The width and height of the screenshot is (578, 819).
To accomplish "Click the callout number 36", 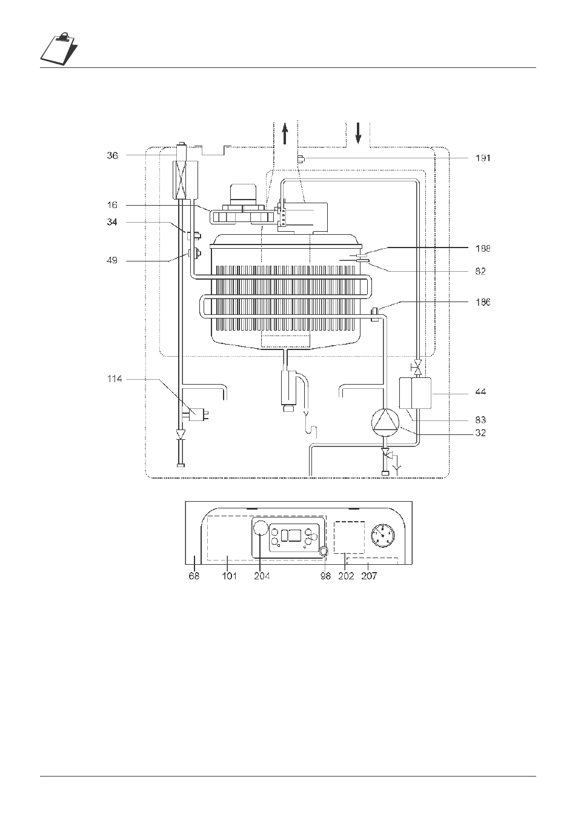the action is (x=113, y=156).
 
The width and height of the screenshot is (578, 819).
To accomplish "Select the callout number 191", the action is (x=483, y=158).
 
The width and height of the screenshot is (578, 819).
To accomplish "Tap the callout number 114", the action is (x=115, y=379).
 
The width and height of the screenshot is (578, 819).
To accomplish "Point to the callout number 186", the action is (x=483, y=302).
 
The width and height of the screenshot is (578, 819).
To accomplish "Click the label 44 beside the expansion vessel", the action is (x=480, y=392).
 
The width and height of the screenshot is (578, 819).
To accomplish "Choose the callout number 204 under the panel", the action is (x=262, y=576).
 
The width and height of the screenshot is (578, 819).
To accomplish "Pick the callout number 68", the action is (x=194, y=576).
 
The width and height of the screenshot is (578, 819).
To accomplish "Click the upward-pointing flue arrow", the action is (x=285, y=133).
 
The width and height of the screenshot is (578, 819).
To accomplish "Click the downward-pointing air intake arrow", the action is (x=359, y=133).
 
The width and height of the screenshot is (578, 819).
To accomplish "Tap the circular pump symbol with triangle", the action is (x=385, y=422).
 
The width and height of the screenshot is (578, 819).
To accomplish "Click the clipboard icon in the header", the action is (x=59, y=49).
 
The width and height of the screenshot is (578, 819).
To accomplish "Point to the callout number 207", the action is (x=369, y=576).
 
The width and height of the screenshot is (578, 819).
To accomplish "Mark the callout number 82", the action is (x=480, y=272).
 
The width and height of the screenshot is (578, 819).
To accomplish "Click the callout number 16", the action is (x=113, y=205).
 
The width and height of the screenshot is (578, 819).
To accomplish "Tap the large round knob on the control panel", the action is (x=260, y=528).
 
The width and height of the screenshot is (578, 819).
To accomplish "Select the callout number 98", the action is (x=325, y=576).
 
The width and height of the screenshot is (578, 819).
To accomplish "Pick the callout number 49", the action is (x=112, y=260).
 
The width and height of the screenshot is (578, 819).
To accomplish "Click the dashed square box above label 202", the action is (x=350, y=537).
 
